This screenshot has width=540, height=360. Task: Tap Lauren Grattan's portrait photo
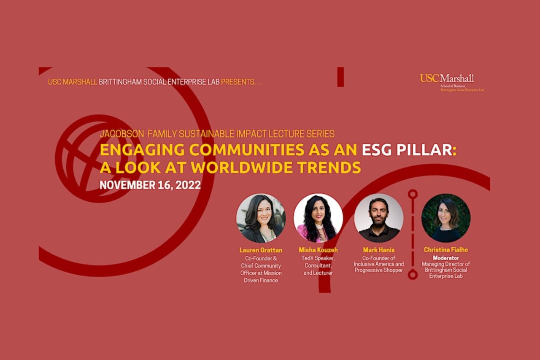pos(261,218)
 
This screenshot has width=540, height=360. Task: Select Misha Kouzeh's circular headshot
pos(318,218)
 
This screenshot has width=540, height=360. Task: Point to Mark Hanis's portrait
pos(378,218)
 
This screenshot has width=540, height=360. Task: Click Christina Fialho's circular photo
pos(446,218)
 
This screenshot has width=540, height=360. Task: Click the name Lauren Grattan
pos(261,250)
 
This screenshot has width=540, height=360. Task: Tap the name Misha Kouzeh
pos(318,250)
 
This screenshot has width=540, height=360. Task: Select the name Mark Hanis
pos(378,250)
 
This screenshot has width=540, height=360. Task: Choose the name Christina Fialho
pos(446,250)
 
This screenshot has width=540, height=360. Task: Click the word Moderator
pos(446,257)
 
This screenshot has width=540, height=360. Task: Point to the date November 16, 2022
pos(150,185)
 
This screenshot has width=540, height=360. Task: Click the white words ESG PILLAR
pos(407,150)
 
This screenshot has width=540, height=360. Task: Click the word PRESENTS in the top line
pos(238,81)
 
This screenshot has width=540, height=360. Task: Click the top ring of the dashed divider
pos(413,194)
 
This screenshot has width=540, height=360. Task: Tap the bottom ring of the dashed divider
pos(413,275)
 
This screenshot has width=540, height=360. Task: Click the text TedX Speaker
pos(318,258)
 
